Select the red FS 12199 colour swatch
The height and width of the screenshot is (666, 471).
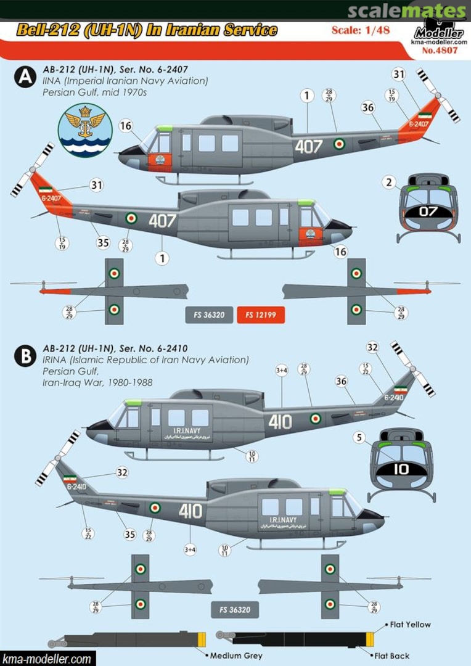coord(261,315)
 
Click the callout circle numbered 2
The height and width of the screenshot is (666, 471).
coord(389,182)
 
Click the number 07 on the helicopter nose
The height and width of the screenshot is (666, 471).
coord(428,212)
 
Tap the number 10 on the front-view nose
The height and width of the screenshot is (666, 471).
coord(401,469)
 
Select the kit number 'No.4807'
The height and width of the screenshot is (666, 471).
coord(440,51)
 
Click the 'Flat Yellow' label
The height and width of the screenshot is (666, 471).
coord(410,625)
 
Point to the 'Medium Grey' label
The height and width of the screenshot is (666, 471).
coord(237,656)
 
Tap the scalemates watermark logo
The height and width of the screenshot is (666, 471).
coord(407,10)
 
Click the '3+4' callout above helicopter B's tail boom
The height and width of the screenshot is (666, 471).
coord(282,371)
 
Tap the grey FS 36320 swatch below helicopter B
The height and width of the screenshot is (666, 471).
coord(234,610)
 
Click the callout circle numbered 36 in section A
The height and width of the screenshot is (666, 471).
coord(368,108)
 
